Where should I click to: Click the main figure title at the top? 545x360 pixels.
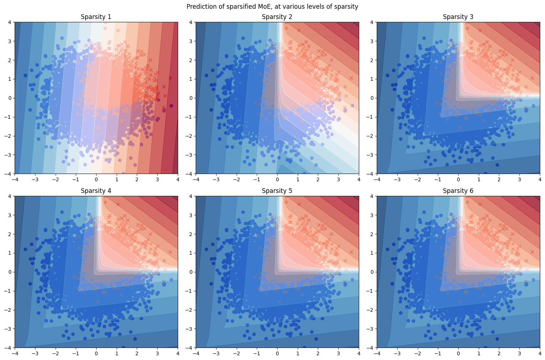click(x=272, y=7)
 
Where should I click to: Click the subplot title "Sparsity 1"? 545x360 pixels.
click(x=96, y=17)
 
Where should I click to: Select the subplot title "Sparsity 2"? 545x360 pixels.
click(x=277, y=17)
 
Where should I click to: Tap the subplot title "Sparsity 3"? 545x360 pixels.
click(x=458, y=17)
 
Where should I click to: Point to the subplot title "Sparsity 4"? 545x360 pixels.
click(x=96, y=191)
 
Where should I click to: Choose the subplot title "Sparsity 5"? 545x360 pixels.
click(x=277, y=191)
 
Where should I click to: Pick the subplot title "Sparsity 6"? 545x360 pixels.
click(x=458, y=191)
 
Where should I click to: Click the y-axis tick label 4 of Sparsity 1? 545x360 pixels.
click(x=10, y=22)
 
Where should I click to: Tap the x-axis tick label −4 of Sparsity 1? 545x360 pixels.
click(x=15, y=179)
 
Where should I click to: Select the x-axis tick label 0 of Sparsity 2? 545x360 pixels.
click(x=277, y=179)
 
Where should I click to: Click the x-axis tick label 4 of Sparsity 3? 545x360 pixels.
click(x=540, y=179)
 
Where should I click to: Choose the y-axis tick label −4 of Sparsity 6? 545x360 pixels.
click(x=371, y=348)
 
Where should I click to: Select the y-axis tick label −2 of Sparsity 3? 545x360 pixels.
click(x=371, y=136)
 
